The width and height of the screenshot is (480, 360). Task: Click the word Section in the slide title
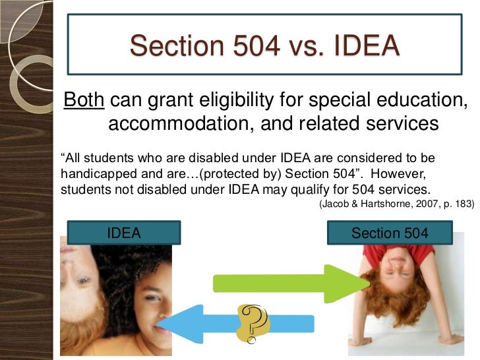167,45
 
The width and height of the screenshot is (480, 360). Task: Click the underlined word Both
83,101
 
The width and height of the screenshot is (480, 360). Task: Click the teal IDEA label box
124,233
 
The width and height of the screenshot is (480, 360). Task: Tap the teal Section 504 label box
390,233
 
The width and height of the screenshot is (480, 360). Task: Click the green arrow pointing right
290,283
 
